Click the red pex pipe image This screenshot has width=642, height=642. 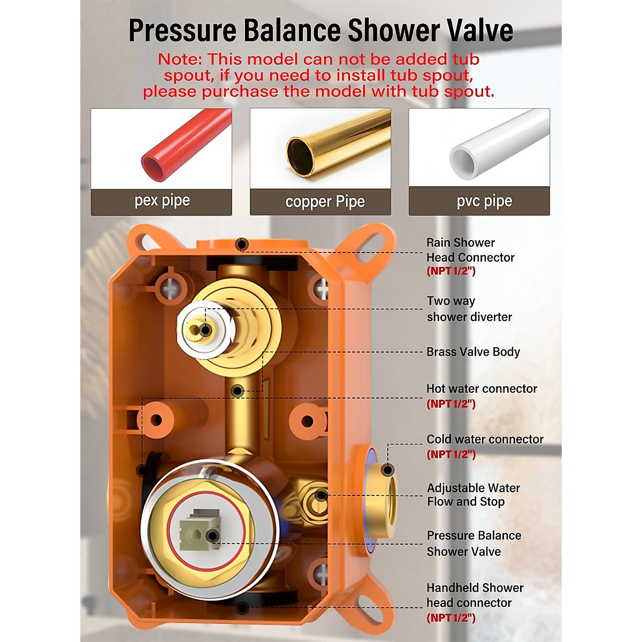pyautogui.click(x=185, y=147)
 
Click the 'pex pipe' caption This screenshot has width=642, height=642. pyautogui.click(x=162, y=201)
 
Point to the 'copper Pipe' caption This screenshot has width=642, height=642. pyautogui.click(x=325, y=202)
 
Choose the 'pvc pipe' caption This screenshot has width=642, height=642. pyautogui.click(x=484, y=201)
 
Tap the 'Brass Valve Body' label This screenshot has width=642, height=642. pyautogui.click(x=473, y=352)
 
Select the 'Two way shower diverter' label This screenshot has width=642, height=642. pyautogui.click(x=469, y=309)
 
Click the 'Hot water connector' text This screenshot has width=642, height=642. pyautogui.click(x=481, y=389)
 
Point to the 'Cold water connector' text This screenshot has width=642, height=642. pyautogui.click(x=485, y=439)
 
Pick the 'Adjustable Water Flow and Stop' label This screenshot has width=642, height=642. pyautogui.click(x=473, y=495)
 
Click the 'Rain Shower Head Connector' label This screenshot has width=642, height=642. pyautogui.click(x=470, y=250)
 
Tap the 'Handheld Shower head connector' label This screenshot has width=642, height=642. pyautogui.click(x=475, y=595)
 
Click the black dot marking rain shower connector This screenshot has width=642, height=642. pyautogui.click(x=242, y=244)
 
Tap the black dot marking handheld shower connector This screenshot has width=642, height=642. pyautogui.click(x=242, y=608)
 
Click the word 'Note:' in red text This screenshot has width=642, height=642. pyautogui.click(x=180, y=59)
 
